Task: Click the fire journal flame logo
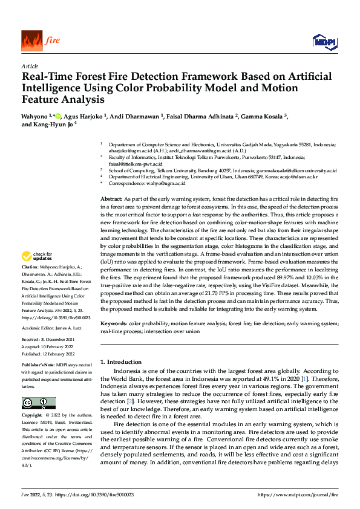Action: (31, 41)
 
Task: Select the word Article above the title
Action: (30, 66)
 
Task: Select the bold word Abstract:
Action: (111, 198)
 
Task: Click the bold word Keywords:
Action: (113, 325)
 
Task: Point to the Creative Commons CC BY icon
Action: (39, 403)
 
